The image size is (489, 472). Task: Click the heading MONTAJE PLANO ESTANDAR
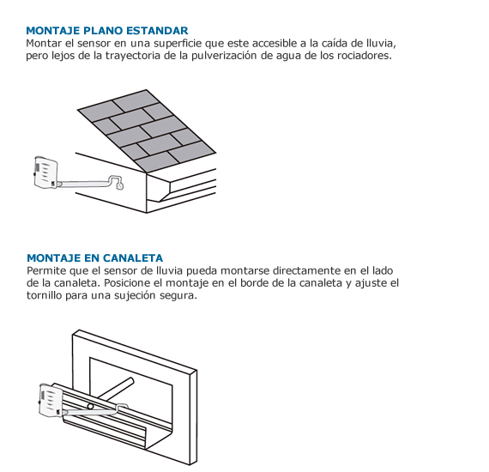[x=107, y=31]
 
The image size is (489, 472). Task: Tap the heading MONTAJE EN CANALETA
[x=95, y=258]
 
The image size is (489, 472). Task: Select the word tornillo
[x=44, y=295]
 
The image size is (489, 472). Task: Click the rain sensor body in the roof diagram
[x=45, y=172]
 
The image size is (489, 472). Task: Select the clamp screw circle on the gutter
[x=90, y=407]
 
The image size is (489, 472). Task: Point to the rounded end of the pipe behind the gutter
[x=131, y=381]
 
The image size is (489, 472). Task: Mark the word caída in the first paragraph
[x=334, y=43]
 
